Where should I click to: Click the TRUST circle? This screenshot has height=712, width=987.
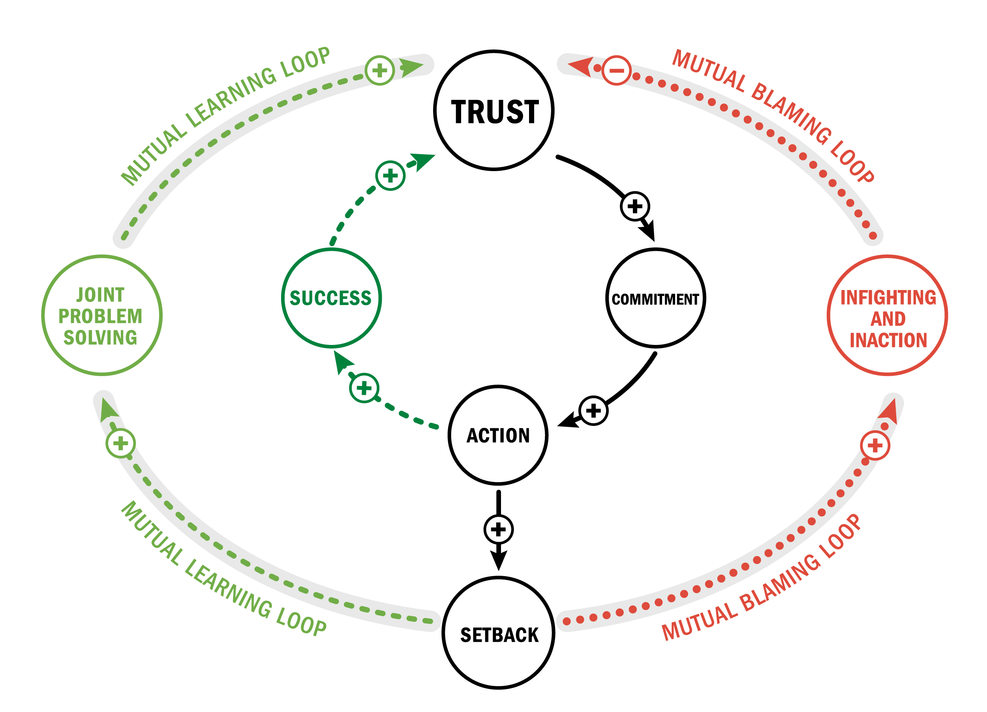(494, 111)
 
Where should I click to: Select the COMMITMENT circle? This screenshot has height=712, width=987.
(655, 298)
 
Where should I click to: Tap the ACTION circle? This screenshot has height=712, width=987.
(498, 435)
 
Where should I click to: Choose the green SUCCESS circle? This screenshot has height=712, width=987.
(331, 298)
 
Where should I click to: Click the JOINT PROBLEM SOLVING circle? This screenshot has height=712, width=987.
(102, 315)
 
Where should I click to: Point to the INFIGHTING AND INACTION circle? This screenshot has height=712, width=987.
(888, 315)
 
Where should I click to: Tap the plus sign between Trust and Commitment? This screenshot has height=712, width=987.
(635, 206)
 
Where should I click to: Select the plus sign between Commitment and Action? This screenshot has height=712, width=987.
(594, 410)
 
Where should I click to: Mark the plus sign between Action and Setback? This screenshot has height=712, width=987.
(498, 529)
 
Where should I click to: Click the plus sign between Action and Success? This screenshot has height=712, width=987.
(364, 388)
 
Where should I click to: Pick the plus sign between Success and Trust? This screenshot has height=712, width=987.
(390, 175)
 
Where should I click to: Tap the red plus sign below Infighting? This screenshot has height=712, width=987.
(875, 445)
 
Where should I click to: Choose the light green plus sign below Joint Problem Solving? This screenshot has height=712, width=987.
(120, 444)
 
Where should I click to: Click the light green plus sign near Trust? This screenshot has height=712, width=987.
(379, 71)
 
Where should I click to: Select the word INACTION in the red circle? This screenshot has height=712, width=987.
(888, 340)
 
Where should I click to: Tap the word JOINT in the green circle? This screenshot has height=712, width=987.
(101, 295)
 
